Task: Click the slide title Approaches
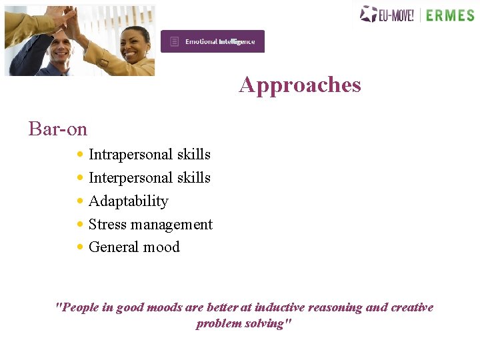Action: (x=300, y=85)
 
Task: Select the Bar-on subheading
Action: (x=58, y=128)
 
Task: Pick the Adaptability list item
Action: (x=128, y=201)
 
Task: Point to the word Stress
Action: (x=107, y=225)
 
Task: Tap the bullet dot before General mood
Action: (x=80, y=247)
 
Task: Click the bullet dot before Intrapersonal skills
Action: (x=80, y=155)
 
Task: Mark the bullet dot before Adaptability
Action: (x=80, y=201)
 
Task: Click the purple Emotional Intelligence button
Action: (x=213, y=41)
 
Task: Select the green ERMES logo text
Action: (x=450, y=15)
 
